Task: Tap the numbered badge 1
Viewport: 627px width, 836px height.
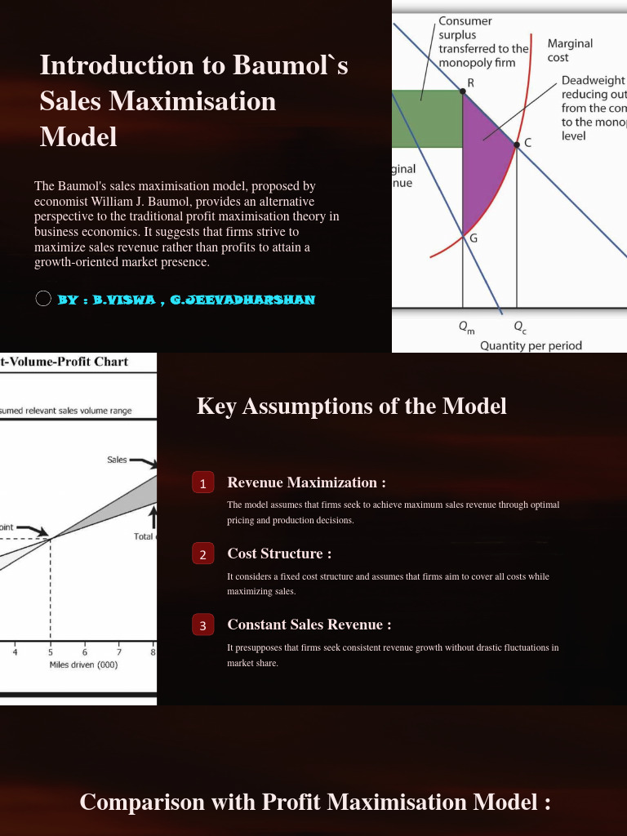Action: [x=202, y=483]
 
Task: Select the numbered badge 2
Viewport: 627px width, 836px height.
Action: [x=202, y=554]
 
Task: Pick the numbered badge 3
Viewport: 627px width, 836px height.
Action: [x=202, y=625]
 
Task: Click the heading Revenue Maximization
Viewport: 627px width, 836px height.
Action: [x=306, y=482]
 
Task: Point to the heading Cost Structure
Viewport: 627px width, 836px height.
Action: [x=279, y=554]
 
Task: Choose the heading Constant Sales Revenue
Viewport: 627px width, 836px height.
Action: [x=309, y=625]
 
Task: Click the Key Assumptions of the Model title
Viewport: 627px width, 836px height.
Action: [x=351, y=406]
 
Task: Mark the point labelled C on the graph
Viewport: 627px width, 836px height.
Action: [x=517, y=145]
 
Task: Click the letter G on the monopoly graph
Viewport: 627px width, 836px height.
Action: [x=473, y=238]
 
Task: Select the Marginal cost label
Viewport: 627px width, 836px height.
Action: [x=570, y=50]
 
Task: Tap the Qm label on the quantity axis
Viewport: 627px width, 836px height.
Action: [x=466, y=327]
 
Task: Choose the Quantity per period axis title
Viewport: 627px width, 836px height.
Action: [x=531, y=345]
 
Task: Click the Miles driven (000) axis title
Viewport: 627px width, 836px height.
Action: [x=83, y=665]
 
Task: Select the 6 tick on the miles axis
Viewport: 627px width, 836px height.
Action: [x=84, y=651]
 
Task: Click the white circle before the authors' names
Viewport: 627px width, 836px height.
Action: [x=44, y=299]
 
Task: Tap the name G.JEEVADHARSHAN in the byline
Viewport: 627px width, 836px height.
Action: [x=242, y=300]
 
